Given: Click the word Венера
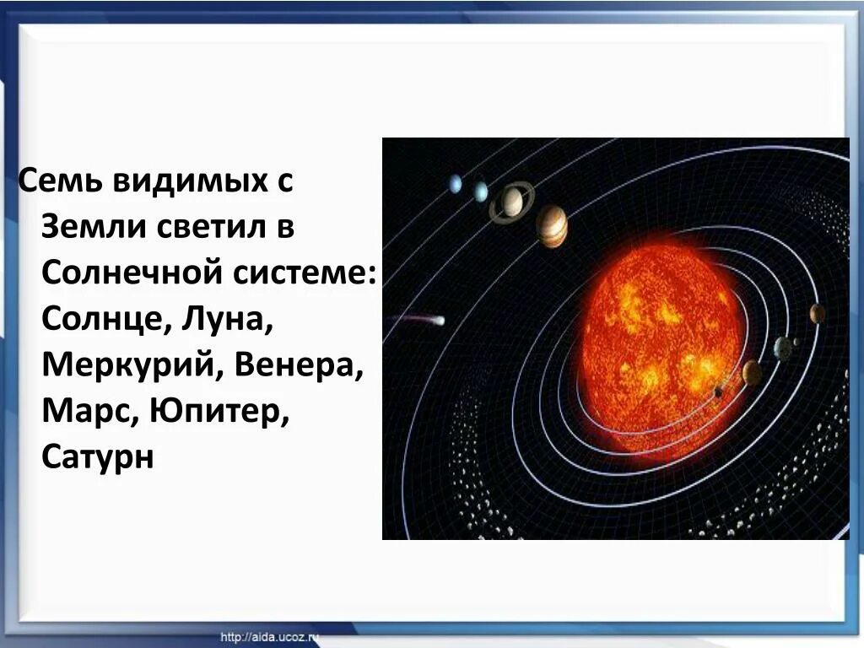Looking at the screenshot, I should pos(299,366).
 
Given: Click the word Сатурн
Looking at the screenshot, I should pos(98,459).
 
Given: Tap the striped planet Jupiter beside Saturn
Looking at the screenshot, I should pos(552,225).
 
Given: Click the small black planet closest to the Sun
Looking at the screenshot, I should pos(718,391).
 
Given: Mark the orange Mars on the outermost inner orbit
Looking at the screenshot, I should pos(817,314).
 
